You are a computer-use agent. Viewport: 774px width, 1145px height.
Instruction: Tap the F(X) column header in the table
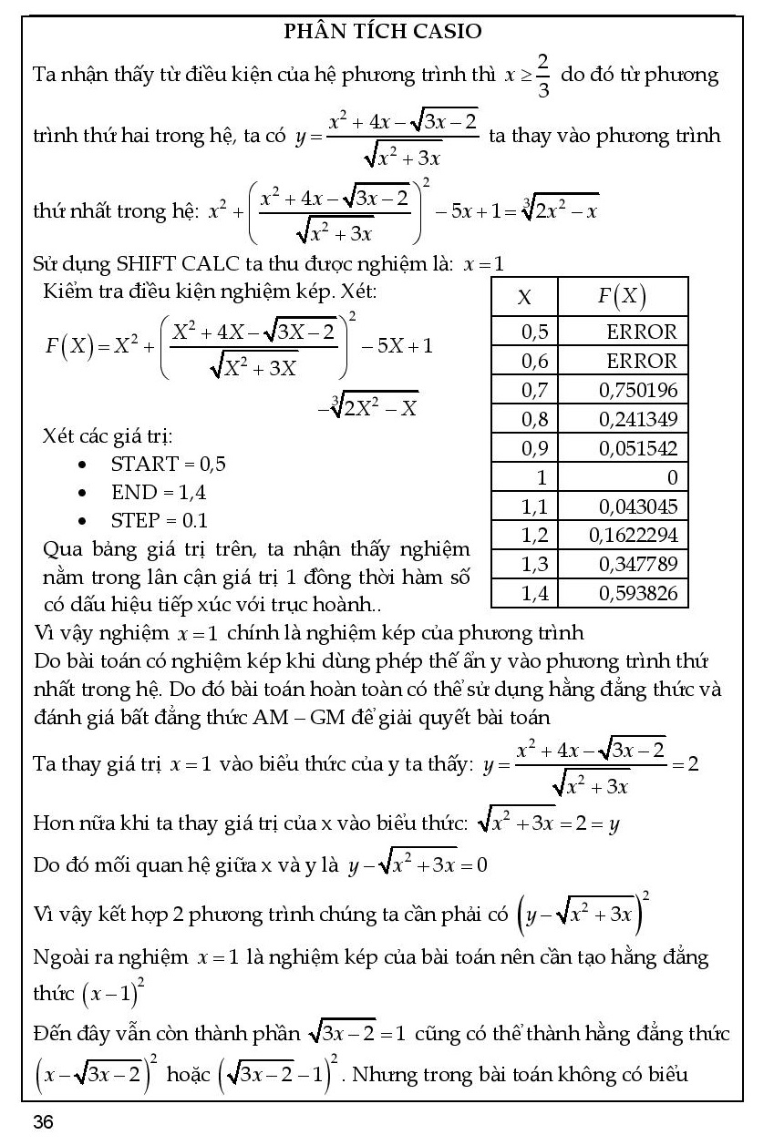pyautogui.click(x=622, y=297)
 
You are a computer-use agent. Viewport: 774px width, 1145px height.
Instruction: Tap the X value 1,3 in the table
pyautogui.click(x=534, y=565)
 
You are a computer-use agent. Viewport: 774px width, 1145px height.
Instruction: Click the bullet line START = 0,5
pyautogui.click(x=168, y=464)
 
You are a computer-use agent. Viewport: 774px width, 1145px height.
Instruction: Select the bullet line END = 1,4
pyautogui.click(x=159, y=493)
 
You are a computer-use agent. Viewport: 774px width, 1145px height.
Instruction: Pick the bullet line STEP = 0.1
pyautogui.click(x=159, y=521)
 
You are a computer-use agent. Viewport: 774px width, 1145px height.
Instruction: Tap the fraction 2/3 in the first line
pyautogui.click(x=542, y=74)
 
